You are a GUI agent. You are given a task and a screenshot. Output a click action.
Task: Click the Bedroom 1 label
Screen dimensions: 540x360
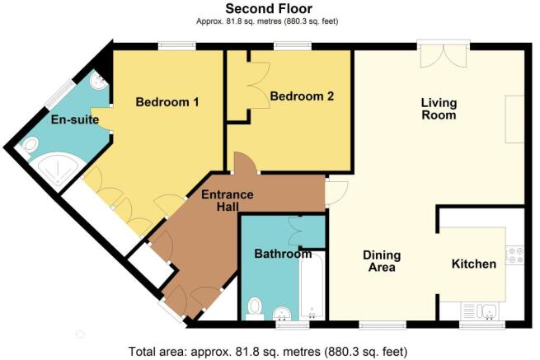pos(167,102)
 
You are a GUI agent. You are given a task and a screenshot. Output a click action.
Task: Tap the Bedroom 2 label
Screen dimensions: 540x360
pos(302,96)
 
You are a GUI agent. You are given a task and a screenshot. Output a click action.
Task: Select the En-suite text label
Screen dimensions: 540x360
pos(75,119)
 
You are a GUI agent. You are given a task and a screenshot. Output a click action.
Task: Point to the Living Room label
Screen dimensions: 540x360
pos(439,109)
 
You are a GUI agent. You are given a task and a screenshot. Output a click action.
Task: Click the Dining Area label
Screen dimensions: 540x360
pos(382,261)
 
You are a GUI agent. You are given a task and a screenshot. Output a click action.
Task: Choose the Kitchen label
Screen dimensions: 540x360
pos(474,264)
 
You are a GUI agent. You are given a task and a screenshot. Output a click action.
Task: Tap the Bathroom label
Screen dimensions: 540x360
pos(283,254)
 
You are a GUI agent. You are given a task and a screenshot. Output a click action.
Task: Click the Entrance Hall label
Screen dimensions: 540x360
pos(228,201)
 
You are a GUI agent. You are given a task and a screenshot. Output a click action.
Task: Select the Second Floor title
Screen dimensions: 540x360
pos(269,8)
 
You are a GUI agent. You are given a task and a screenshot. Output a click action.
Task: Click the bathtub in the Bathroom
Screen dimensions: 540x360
pos(312,286)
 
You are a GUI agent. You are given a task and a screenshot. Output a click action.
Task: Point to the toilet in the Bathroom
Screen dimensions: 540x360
pos(255,309)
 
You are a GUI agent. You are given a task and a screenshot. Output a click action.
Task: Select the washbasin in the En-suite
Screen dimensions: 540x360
pos(98,82)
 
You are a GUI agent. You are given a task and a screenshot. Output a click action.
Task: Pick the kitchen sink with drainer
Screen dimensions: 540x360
pos(479,311)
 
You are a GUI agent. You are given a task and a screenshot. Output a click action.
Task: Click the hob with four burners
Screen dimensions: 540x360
pos(514,255)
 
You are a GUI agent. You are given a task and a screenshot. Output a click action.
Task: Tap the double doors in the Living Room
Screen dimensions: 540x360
pos(444,54)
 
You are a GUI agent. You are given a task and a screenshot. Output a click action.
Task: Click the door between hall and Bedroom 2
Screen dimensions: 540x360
pos(246,162)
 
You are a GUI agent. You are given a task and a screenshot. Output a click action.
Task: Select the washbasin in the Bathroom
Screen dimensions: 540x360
pos(283,314)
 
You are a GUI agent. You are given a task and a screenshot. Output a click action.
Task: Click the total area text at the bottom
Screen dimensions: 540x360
pos(268,352)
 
